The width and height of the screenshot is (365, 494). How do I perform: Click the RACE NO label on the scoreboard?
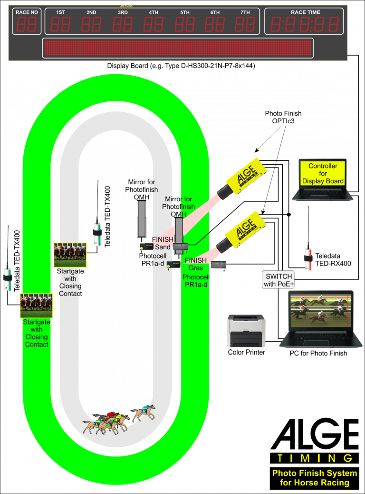pyautogui.click(x=27, y=12)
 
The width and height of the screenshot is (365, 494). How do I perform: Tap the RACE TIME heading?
pyautogui.click(x=306, y=12)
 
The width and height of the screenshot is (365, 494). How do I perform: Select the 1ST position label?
pyautogui.click(x=61, y=12)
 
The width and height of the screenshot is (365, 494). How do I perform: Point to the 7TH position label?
pyautogui.click(x=245, y=12)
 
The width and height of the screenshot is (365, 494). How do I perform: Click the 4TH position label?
pyautogui.click(x=154, y=12)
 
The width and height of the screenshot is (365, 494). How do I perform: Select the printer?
pyautogui.click(x=246, y=330)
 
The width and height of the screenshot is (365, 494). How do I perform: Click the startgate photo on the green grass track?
pyautogui.click(x=36, y=306)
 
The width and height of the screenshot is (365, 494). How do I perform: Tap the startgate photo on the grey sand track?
pyautogui.click(x=70, y=255)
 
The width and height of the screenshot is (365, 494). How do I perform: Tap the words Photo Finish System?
pyautogui.click(x=314, y=473)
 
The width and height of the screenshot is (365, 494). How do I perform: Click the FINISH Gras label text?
pyautogui.click(x=196, y=264)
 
